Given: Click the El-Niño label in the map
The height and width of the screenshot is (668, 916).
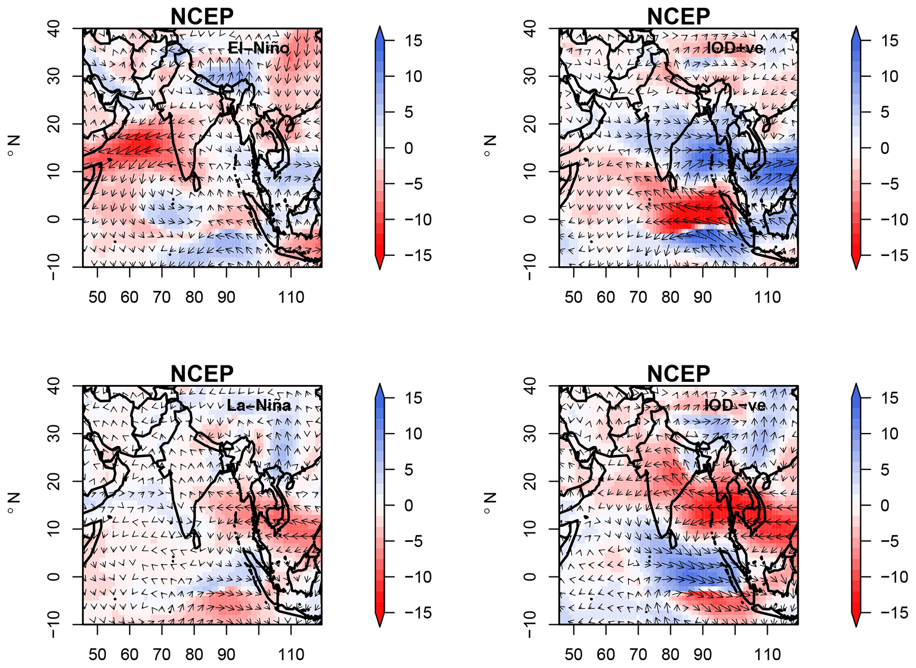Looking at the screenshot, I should tap(258, 48).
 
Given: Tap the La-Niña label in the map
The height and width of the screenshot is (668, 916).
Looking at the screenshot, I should tap(259, 405).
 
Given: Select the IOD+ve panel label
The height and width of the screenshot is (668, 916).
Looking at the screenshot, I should tap(735, 48).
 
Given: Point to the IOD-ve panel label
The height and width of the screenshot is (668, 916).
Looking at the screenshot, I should tap(735, 405).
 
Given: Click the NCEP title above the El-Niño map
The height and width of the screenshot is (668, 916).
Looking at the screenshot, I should tap(202, 17).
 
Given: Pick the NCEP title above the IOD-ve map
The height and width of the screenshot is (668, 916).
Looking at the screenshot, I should tap(678, 374).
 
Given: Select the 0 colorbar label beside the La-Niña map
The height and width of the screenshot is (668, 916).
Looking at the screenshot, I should tap(409, 505).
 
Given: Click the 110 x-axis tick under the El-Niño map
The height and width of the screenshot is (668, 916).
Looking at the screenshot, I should tap(291, 297).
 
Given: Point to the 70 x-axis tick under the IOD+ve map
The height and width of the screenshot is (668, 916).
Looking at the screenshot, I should tap(638, 297).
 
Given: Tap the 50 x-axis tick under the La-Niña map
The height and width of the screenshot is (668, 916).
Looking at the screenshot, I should tap(97, 654).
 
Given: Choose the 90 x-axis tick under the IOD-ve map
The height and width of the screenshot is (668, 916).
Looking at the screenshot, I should tap(703, 654).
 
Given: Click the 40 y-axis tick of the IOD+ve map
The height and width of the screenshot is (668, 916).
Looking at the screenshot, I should tap(531, 29).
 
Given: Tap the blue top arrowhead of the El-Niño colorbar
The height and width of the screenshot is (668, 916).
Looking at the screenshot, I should tap(380, 33).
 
